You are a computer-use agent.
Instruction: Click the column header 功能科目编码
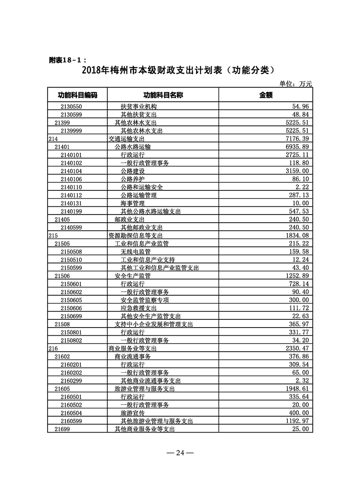click(x=77, y=95)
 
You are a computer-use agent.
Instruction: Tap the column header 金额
click(x=266, y=95)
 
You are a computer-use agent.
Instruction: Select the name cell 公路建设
click(x=133, y=171)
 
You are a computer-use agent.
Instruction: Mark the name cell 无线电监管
click(x=135, y=252)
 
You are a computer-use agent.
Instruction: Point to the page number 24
click(x=180, y=453)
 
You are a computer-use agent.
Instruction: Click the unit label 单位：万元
click(x=296, y=84)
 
